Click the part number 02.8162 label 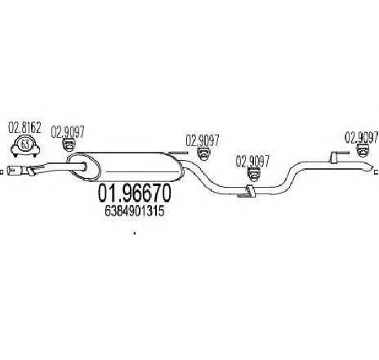25,128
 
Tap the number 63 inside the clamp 25,144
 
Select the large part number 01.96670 134,193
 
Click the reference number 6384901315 135,211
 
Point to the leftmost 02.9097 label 68,131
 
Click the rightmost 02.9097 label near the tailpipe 362,137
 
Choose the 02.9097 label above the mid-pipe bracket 252,162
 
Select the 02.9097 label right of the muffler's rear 203,140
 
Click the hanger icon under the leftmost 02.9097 69,144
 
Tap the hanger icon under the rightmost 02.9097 363,150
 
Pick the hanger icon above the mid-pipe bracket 253,175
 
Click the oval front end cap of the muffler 84,167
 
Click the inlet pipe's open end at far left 10,171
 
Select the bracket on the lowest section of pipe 250,191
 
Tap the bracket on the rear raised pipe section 334,158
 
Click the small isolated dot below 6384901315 135,233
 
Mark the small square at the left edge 1,172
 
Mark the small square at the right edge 377,172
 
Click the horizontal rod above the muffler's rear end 178,153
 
